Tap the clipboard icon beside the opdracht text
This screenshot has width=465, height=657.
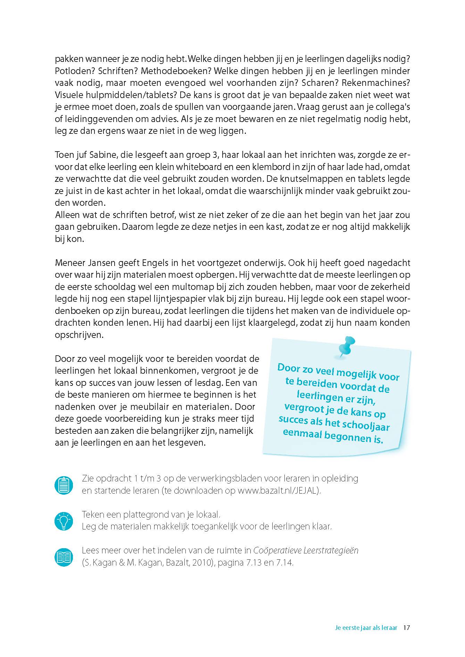pyautogui.click(x=64, y=485)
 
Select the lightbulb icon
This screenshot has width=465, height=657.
pyautogui.click(x=64, y=521)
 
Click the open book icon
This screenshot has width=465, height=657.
pyautogui.click(x=64, y=557)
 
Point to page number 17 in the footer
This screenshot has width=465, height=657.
pyautogui.click(x=407, y=628)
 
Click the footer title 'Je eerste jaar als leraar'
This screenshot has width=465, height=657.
pyautogui.click(x=366, y=628)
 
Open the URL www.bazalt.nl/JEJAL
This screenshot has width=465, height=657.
pyautogui.click(x=278, y=490)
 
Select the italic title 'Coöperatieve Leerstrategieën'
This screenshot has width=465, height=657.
pyautogui.click(x=306, y=551)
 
